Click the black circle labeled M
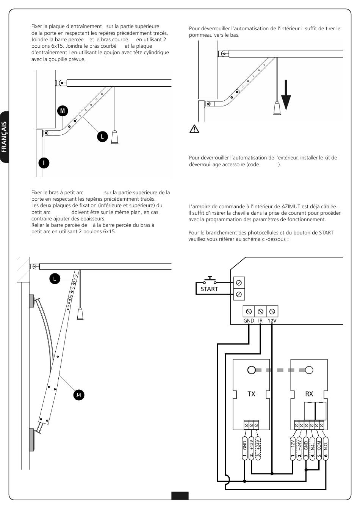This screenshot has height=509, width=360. click(63, 111)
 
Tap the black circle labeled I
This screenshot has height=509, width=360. click(44, 163)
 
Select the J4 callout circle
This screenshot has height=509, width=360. click(78, 395)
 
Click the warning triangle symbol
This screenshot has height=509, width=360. click(194, 129)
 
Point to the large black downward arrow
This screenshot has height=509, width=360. click(286, 95)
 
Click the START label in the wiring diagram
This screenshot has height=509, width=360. click(209, 289)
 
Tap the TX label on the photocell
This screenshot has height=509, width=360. click(251, 394)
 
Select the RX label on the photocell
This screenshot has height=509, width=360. click(309, 394)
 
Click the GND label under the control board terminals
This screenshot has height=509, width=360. click(249, 321)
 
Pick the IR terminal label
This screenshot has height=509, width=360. click(260, 321)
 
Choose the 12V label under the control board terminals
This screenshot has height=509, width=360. click(272, 321)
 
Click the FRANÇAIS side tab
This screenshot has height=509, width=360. click(4, 137)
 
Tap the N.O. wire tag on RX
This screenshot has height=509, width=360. click(326, 449)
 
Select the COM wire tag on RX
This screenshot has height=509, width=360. click(319, 449)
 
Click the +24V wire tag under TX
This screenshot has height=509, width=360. click(258, 449)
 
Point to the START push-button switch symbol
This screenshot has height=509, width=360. click(210, 281)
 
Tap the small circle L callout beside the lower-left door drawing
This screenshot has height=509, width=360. click(55, 279)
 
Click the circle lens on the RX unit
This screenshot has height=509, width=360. click(309, 370)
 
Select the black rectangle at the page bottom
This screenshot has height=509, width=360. click(180, 496)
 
